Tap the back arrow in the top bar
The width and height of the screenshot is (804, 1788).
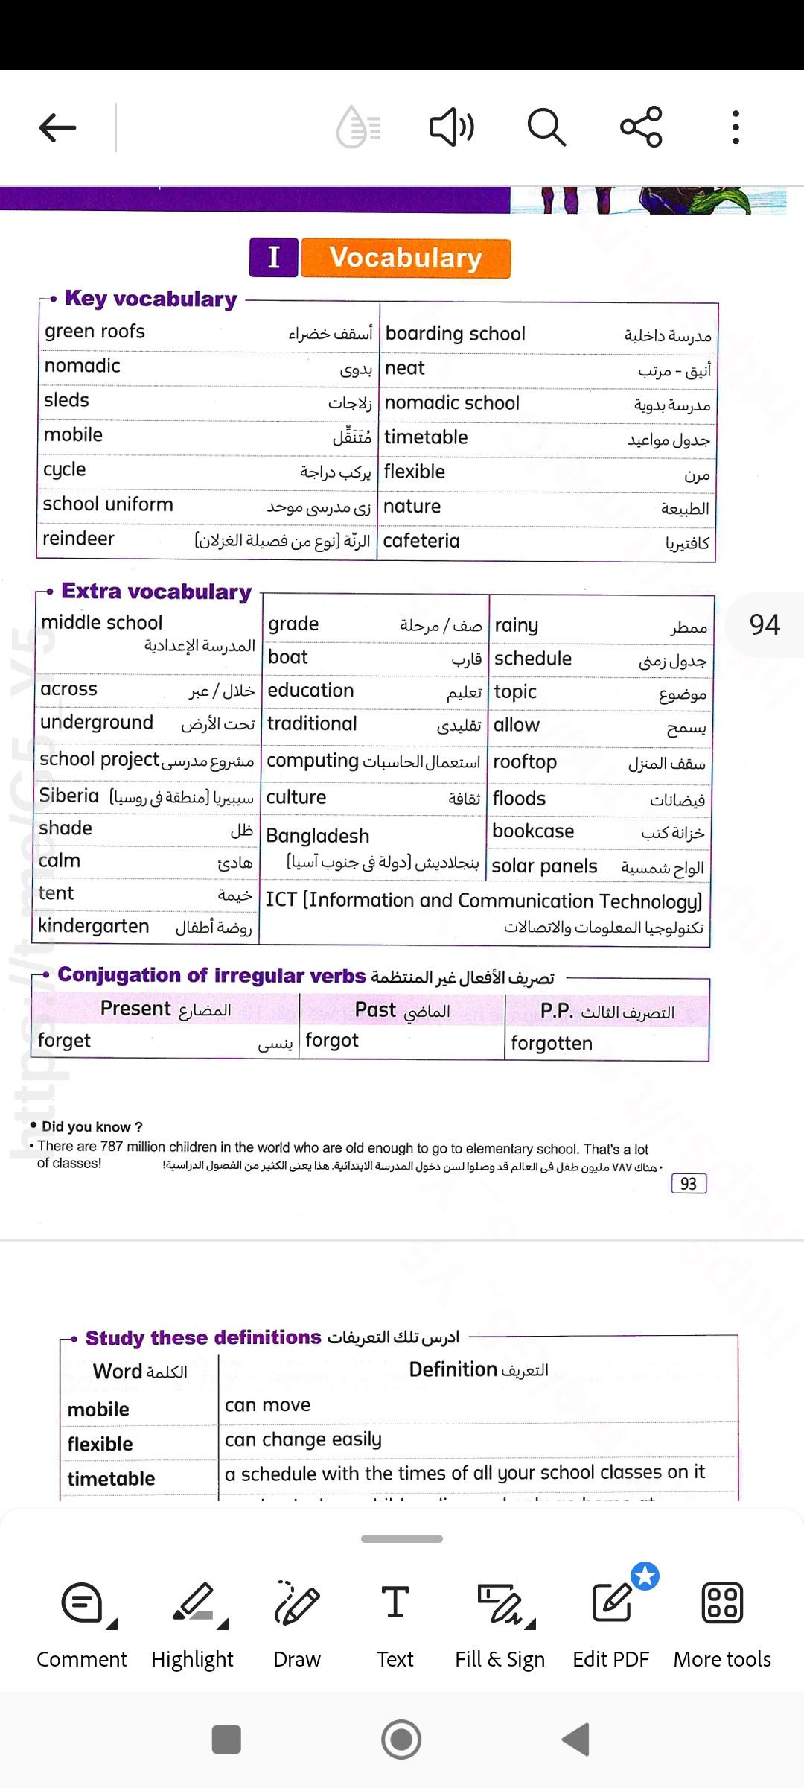(58, 127)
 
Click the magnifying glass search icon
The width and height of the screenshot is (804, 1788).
(546, 127)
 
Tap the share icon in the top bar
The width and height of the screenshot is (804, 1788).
(641, 127)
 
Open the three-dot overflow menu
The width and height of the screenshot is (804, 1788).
(736, 127)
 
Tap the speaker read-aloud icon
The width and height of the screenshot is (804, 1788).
(452, 127)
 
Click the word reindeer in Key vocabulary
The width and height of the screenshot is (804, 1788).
(78, 539)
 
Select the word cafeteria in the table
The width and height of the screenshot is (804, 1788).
(421, 541)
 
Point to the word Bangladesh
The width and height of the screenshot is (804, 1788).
(318, 836)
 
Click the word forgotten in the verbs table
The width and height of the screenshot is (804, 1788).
(552, 1044)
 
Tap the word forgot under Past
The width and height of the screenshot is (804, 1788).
(332, 1041)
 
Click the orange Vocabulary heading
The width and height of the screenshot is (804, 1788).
(406, 258)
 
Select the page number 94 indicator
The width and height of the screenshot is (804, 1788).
(765, 625)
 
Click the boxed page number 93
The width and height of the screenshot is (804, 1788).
(689, 1184)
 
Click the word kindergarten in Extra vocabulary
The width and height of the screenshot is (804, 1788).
(94, 926)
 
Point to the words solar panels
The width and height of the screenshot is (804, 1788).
(544, 866)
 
